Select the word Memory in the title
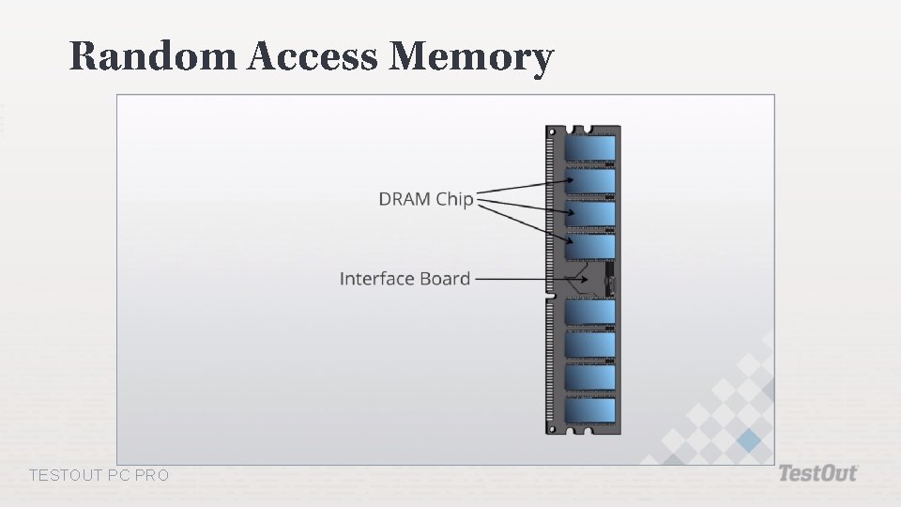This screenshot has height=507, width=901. (x=471, y=58)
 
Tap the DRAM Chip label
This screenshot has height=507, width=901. (x=425, y=199)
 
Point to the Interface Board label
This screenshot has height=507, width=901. (x=405, y=279)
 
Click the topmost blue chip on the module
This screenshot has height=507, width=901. (x=590, y=148)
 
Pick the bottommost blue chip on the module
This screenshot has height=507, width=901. (x=590, y=409)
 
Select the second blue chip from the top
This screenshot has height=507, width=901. (x=590, y=180)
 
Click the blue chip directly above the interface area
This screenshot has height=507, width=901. (x=590, y=246)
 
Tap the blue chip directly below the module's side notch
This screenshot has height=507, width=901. (x=590, y=312)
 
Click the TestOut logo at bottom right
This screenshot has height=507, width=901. (x=817, y=473)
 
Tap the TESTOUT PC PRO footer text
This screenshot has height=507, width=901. (x=99, y=476)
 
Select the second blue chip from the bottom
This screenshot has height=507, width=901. (x=590, y=376)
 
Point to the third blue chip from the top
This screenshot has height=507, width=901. (x=590, y=213)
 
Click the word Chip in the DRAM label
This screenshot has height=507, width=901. (x=454, y=199)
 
